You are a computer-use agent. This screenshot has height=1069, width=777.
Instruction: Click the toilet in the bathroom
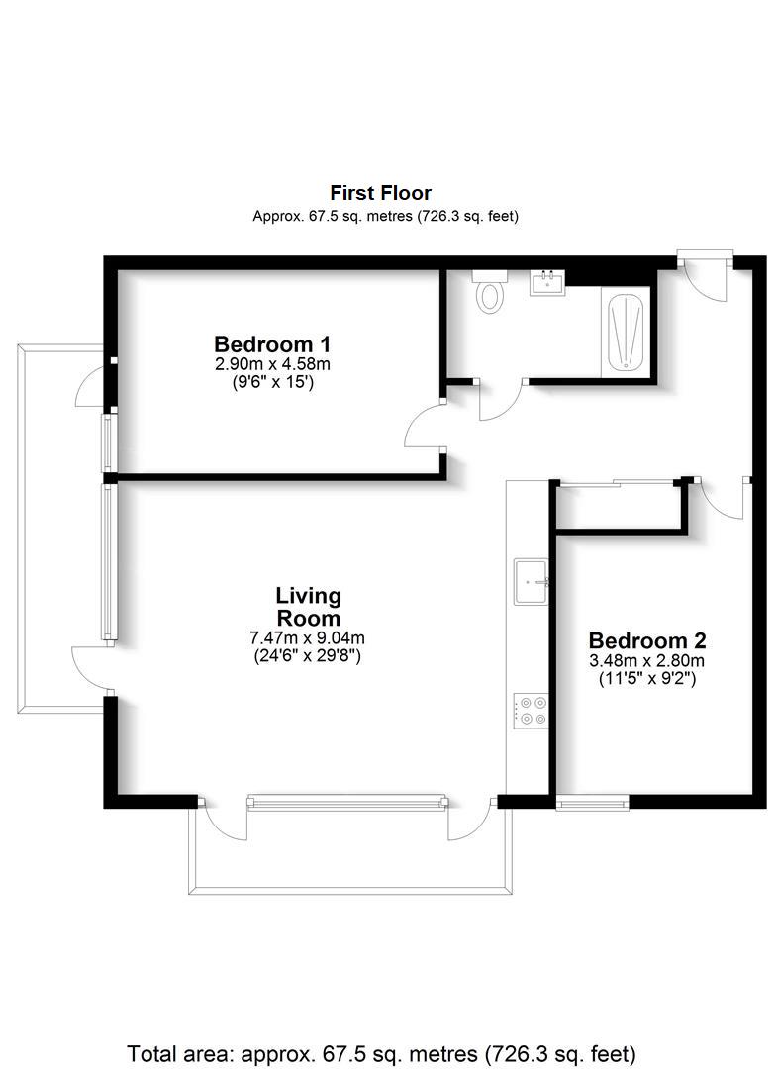click(x=489, y=291)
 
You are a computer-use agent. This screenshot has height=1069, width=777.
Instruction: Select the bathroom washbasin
click(x=547, y=283)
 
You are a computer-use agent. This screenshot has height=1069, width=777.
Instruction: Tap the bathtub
click(x=625, y=332)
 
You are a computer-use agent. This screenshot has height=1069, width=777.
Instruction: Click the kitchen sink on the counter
click(x=531, y=582)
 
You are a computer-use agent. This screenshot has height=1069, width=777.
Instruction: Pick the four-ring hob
click(x=531, y=711)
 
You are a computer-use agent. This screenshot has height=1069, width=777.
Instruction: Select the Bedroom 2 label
click(x=646, y=640)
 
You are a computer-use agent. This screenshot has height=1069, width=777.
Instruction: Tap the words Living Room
click(x=308, y=606)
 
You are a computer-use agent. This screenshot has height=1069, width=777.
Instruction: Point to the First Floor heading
click(x=380, y=192)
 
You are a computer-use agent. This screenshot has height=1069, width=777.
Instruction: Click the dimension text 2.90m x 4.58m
click(x=272, y=364)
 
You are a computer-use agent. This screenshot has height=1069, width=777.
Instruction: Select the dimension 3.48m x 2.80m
click(x=646, y=660)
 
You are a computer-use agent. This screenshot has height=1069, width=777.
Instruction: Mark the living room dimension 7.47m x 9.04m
click(x=308, y=638)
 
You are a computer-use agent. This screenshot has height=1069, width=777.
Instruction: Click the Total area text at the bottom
click(x=381, y=1053)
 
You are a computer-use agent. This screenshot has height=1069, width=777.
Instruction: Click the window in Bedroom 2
click(x=592, y=803)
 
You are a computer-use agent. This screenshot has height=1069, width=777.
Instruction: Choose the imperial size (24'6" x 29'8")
click(x=308, y=657)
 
